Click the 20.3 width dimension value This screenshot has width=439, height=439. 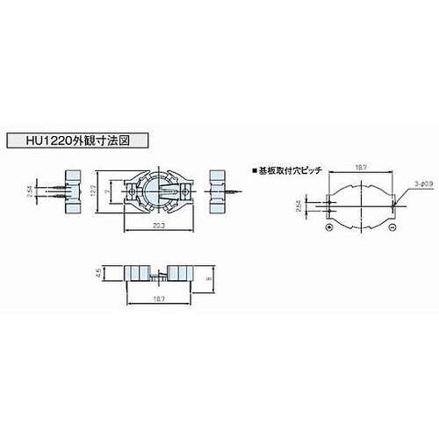tap(159, 226)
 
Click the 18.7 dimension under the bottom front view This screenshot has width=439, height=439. tap(159, 299)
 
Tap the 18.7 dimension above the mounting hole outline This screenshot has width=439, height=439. tap(360, 164)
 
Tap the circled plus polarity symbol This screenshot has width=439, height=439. tap(328, 227)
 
